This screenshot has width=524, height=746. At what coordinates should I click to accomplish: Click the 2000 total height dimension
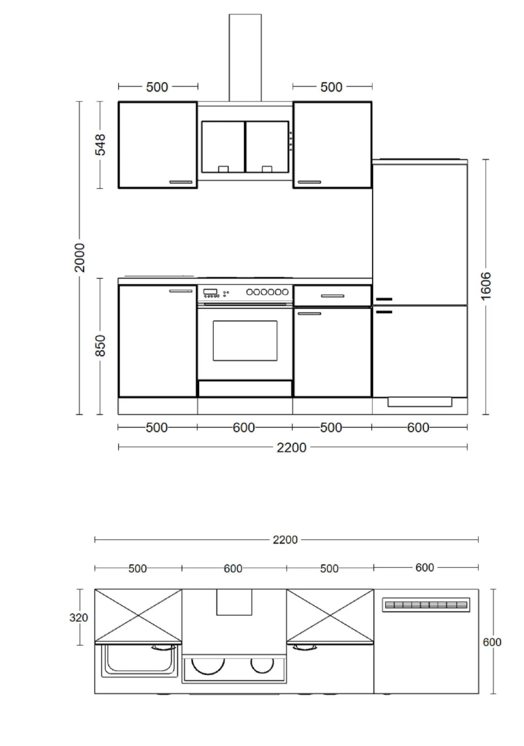point(79,257)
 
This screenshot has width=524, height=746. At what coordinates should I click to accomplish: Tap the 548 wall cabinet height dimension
point(100,144)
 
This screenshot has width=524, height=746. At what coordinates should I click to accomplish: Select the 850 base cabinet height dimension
point(100,345)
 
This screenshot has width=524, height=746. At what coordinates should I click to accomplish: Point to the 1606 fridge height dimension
point(486,286)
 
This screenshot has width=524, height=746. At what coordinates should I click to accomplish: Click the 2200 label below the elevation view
point(291,448)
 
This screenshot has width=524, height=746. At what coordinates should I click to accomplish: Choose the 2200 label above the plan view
point(285,539)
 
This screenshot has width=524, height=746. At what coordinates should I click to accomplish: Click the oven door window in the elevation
point(245,340)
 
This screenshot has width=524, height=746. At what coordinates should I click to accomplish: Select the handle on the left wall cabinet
point(181,182)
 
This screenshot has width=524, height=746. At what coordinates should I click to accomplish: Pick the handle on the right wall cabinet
point(309,182)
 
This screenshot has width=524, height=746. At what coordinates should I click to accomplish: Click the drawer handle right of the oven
point(333,296)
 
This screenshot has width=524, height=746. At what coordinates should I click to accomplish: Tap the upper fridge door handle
point(384,299)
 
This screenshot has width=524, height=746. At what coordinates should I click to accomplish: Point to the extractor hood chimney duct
point(245,58)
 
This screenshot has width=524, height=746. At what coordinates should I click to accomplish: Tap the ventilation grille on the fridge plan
point(426,605)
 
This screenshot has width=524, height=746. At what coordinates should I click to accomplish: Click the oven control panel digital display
point(208,291)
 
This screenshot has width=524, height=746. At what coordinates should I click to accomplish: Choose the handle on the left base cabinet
point(181,291)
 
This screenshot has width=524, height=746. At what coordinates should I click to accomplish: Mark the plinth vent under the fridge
point(420,402)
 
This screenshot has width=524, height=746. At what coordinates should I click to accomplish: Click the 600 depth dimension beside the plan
point(492,642)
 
